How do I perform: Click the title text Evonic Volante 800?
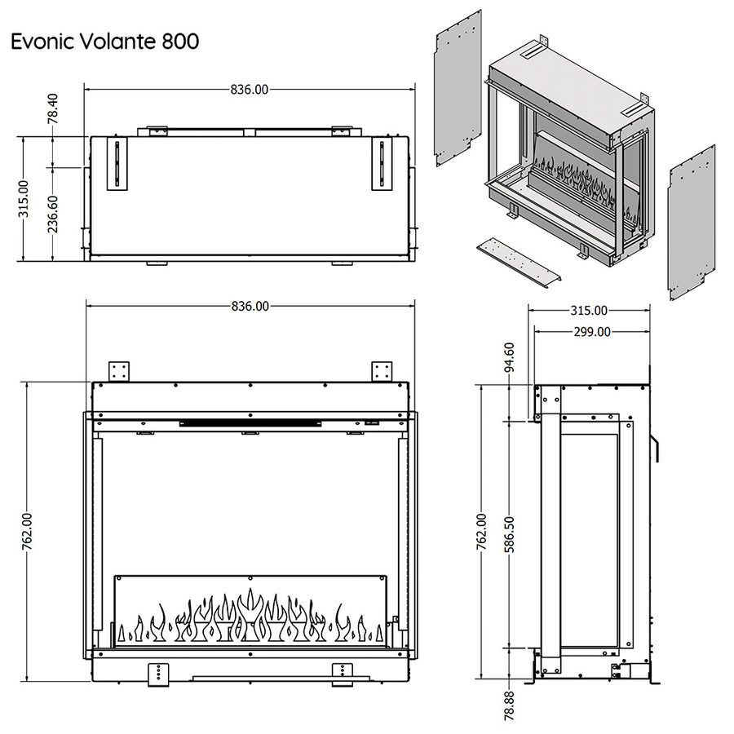click(104, 42)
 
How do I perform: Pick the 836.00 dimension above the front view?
click(250, 307)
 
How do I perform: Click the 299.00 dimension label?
click(591, 331)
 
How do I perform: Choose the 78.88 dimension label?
click(510, 705)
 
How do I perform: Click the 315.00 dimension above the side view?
click(589, 310)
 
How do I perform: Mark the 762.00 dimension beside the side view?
click(481, 532)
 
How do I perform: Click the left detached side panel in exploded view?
click(458, 87)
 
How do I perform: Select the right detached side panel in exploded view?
click(691, 222)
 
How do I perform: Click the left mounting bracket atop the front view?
click(119, 371)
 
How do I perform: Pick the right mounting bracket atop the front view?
click(382, 371)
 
